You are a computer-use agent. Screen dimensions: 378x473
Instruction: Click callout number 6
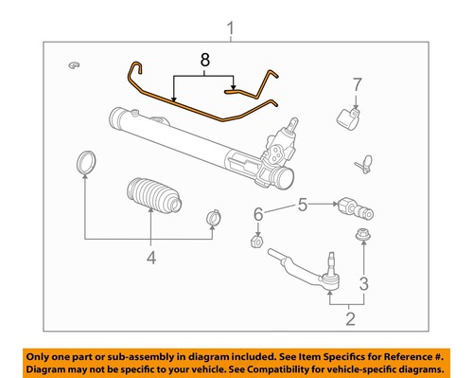(257, 217)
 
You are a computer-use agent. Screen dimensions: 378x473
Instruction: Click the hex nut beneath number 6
(255, 243)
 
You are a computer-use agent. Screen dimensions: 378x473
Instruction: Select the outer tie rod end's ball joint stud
(330, 259)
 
